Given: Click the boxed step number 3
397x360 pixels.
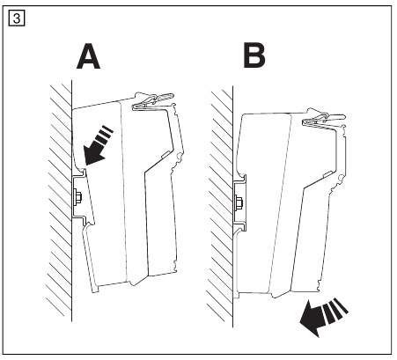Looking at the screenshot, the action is coord(17,18).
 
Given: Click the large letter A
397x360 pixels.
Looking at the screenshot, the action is coord(88,56).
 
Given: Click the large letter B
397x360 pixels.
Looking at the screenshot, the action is coord(254,55).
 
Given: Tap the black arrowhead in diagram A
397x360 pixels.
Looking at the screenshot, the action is coord(93,154).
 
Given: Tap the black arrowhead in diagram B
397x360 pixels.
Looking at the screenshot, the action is coord(312,319).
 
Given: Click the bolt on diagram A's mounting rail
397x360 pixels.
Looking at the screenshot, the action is coord(78,196).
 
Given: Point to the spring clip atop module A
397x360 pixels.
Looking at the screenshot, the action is coord(153,102).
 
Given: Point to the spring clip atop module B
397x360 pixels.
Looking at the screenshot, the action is coord(324,118).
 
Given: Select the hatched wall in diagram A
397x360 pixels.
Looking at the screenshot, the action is coord(60,201).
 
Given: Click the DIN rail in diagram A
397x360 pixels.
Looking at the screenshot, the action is coord(79,197).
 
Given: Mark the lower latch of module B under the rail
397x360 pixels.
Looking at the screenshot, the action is coord(240,230).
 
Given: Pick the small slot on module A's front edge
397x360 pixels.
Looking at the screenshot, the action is coord(165,155).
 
